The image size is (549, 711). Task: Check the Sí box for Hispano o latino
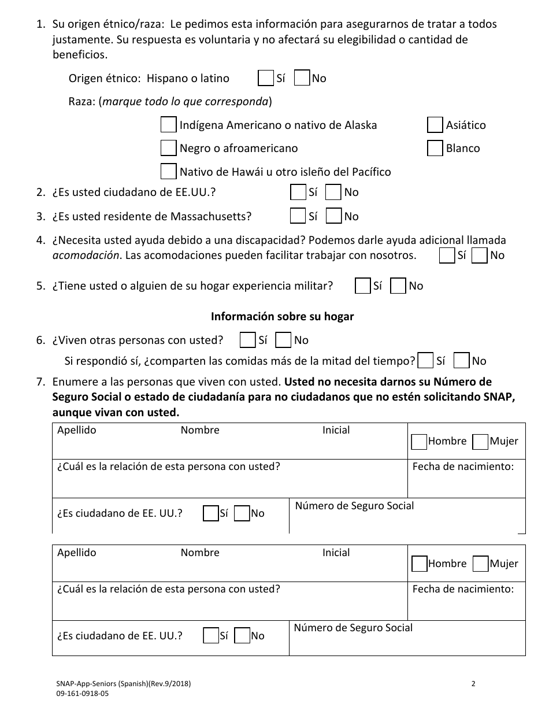266,78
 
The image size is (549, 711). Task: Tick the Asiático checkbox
435,125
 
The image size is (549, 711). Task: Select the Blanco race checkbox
435,148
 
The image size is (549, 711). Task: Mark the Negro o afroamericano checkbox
168,148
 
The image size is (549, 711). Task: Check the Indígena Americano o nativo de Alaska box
168,125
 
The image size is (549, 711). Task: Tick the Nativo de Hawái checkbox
168,172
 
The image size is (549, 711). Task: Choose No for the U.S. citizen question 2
333,192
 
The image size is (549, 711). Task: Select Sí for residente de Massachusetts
298,216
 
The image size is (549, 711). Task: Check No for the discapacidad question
480,255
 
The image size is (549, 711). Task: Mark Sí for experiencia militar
363,286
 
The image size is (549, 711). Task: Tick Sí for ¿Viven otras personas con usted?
247,340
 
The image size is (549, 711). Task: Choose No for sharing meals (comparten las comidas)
461,361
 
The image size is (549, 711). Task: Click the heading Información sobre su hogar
282,317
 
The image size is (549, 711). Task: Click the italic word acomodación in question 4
85,255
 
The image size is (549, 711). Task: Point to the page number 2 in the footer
473,684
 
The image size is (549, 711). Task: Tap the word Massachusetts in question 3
211,217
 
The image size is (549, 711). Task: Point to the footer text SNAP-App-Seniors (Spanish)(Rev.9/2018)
120,684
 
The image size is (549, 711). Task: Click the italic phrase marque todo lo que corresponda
185,102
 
